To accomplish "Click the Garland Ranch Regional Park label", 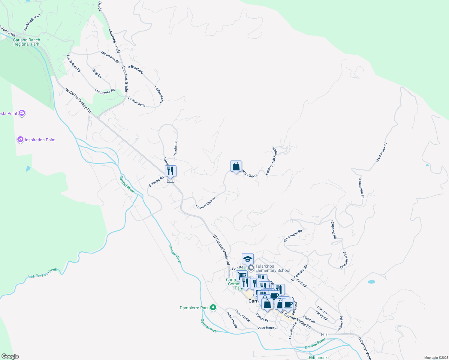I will point(26,42).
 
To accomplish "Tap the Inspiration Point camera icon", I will point(20,139).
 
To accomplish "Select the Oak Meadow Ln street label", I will point(32,22).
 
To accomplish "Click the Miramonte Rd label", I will point(110,57).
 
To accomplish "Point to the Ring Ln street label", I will point(97,74).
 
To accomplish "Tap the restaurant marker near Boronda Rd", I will point(170,171).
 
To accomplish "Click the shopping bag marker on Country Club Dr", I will point(236,166).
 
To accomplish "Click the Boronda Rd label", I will point(156,182).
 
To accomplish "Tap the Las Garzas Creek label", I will point(43,273).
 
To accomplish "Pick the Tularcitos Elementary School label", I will point(273,268).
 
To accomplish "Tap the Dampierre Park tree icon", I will point(213,307).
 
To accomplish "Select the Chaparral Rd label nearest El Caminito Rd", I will point(333,229).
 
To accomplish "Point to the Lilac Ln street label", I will point(322,310).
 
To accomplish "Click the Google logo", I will point(10,356).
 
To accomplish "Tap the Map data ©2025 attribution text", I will point(435,358).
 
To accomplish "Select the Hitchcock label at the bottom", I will point(318,358).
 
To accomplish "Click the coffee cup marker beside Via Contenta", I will point(288,304).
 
